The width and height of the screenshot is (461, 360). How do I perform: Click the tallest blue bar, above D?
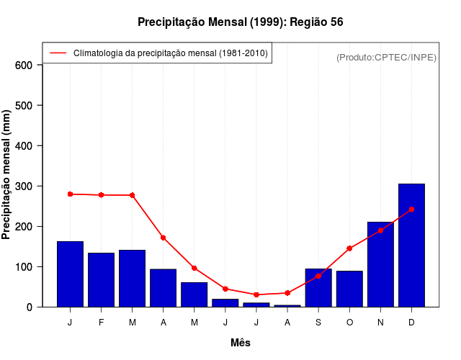pyautogui.click(x=411, y=245)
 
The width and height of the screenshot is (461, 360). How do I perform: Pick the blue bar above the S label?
pyautogui.click(x=318, y=287)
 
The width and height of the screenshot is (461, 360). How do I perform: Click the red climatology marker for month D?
pyautogui.click(x=411, y=209)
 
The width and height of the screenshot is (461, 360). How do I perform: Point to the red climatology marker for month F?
pyautogui.click(x=101, y=195)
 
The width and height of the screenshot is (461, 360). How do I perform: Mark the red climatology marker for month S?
pyautogui.click(x=318, y=276)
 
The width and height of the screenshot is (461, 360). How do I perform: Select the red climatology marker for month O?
pyautogui.click(x=349, y=248)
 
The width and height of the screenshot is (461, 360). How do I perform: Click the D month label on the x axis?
pyautogui.click(x=411, y=323)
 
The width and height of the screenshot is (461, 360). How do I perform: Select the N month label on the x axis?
pyautogui.click(x=380, y=323)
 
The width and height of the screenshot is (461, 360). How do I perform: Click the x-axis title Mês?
pyautogui.click(x=241, y=343)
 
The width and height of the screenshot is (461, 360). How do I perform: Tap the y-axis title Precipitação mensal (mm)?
pyautogui.click(x=7, y=175)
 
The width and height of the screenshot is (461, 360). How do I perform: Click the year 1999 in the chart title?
pyautogui.click(x=267, y=22)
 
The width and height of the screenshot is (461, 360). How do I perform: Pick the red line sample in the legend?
pyautogui.click(x=58, y=53)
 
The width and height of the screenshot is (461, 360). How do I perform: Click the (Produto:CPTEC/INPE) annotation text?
pyautogui.click(x=387, y=57)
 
